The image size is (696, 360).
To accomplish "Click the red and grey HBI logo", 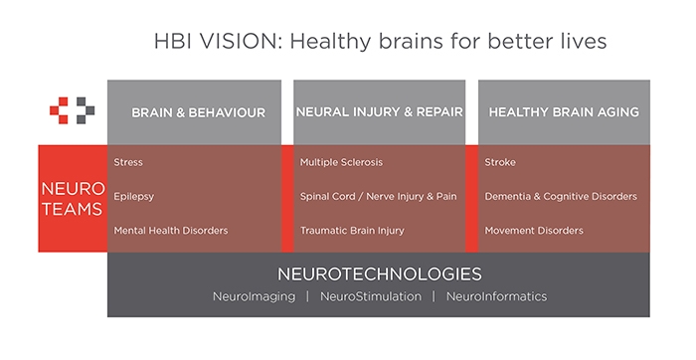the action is (72, 110).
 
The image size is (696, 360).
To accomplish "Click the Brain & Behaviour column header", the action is (199, 112).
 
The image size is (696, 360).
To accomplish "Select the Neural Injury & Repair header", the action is (380, 111).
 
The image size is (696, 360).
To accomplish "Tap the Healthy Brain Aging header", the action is (564, 111).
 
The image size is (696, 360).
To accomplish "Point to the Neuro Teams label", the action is (73, 199).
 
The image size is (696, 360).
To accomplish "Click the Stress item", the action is (128, 162).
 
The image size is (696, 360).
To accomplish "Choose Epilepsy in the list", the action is (133, 196).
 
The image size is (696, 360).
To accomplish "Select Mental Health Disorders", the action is (171, 231).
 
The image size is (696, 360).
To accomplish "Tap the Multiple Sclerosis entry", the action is (341, 162).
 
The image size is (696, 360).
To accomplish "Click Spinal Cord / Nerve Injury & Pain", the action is (378, 196).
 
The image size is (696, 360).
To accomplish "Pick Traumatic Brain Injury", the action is (352, 231).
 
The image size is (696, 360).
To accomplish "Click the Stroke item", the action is (500, 162).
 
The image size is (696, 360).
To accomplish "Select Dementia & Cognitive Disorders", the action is (561, 196).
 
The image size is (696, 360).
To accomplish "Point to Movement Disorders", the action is (534, 231).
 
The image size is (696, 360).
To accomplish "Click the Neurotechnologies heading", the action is (380, 273).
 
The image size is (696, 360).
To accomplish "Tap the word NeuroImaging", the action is (254, 296).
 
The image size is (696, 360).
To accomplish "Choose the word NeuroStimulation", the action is (371, 296).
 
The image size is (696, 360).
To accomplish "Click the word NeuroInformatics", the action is (497, 296).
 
